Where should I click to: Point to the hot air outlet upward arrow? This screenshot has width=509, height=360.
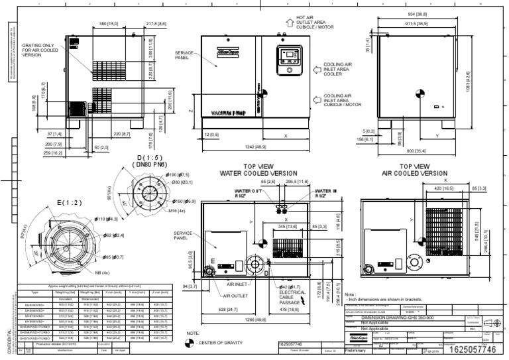[x=289, y=22]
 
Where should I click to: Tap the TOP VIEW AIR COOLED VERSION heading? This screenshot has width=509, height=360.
[x=416, y=170]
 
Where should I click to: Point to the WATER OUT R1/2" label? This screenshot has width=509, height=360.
[x=247, y=193]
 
